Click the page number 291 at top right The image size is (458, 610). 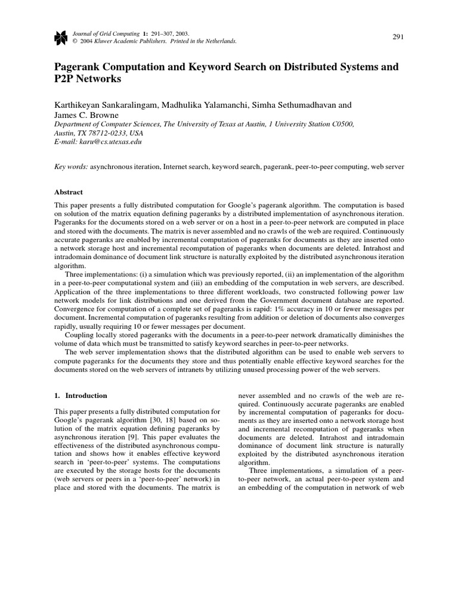click(x=398, y=37)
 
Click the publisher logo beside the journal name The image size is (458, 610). click(x=60, y=38)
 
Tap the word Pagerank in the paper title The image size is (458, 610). click(x=78, y=67)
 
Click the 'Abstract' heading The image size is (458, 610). click(x=69, y=192)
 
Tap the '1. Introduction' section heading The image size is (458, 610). click(x=81, y=395)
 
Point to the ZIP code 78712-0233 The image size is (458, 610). click(x=106, y=133)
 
